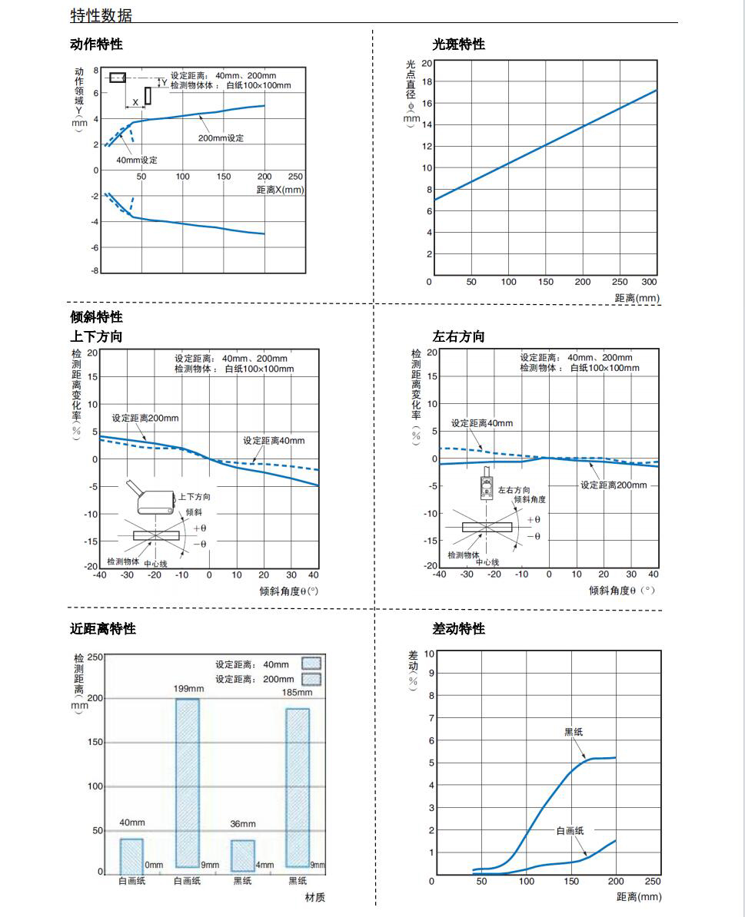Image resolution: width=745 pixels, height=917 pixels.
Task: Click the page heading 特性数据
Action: pos(101,15)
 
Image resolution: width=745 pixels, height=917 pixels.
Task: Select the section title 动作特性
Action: pos(96,45)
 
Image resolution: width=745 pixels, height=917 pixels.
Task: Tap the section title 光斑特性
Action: pos(459,45)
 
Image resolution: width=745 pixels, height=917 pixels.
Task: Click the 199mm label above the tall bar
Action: pos(188,689)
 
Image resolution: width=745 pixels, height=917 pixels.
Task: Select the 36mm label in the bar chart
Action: pos(242,824)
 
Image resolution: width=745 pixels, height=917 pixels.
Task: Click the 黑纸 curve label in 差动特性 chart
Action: pos(574,732)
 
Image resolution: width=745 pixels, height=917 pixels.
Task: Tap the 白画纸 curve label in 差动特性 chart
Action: pos(570,831)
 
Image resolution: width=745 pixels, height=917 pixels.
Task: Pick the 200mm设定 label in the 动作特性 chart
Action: pos(221,138)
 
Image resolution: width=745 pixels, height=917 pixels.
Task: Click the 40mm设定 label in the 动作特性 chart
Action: pos(137,160)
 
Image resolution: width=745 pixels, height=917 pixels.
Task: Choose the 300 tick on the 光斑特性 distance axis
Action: pos(650,282)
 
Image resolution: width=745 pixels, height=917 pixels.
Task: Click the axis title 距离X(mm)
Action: pos(280,190)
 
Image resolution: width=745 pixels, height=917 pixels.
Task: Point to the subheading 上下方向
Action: pos(96,336)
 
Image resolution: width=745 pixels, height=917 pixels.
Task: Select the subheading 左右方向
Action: pos(459,336)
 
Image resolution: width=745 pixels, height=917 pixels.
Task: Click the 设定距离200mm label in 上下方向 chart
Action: pos(145,419)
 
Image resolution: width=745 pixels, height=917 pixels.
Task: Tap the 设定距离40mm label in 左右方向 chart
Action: pos(481,423)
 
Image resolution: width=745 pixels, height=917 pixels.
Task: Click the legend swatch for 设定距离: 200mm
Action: pos(311,679)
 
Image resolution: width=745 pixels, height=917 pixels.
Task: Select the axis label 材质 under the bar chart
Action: pos(304,897)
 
